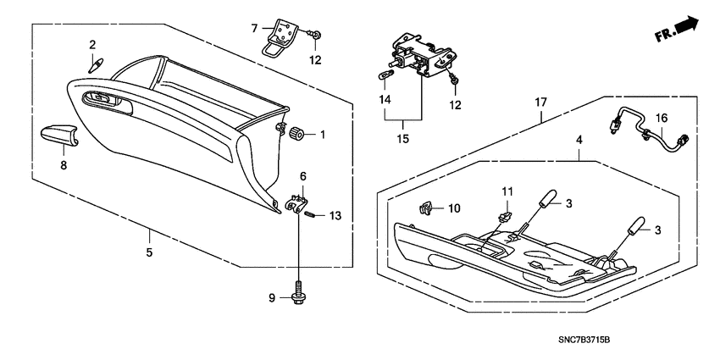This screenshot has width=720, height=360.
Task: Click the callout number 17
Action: coord(540,102)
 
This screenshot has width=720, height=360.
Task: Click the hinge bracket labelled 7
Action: coord(280,38)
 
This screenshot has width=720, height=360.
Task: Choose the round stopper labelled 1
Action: coord(298,134)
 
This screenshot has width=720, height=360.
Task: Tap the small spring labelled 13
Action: coord(310,215)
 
